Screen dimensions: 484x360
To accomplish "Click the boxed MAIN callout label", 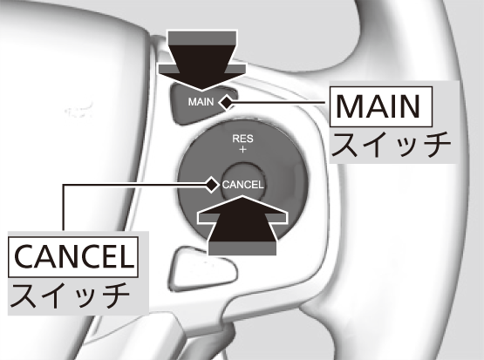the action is [x=381, y=106].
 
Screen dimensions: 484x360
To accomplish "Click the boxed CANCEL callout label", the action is [x=73, y=257].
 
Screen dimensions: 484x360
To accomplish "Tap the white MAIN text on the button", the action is [x=201, y=102].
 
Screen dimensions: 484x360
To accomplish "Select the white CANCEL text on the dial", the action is [x=242, y=185].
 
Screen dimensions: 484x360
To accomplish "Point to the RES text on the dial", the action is [x=242, y=139].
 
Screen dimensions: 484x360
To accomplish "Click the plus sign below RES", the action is [x=242, y=149].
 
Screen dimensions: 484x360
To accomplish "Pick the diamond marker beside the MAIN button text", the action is [x=227, y=102].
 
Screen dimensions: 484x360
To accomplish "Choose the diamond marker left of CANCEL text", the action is [x=212, y=185].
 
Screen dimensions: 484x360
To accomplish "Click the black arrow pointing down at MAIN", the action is [x=201, y=60].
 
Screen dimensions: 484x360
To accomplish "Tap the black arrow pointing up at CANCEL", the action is [x=242, y=225].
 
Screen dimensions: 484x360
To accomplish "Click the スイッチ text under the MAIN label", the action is [x=392, y=145].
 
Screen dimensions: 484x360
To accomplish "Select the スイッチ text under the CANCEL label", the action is [x=71, y=295].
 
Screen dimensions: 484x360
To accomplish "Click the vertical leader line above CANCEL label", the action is [x=64, y=207].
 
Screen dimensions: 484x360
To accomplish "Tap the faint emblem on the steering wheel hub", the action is [x=78, y=110].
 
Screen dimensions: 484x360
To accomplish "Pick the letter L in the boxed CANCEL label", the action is [x=126, y=257].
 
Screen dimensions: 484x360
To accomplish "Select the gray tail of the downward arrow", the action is [x=201, y=38].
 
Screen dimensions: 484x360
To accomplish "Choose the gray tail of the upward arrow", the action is [x=242, y=248].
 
